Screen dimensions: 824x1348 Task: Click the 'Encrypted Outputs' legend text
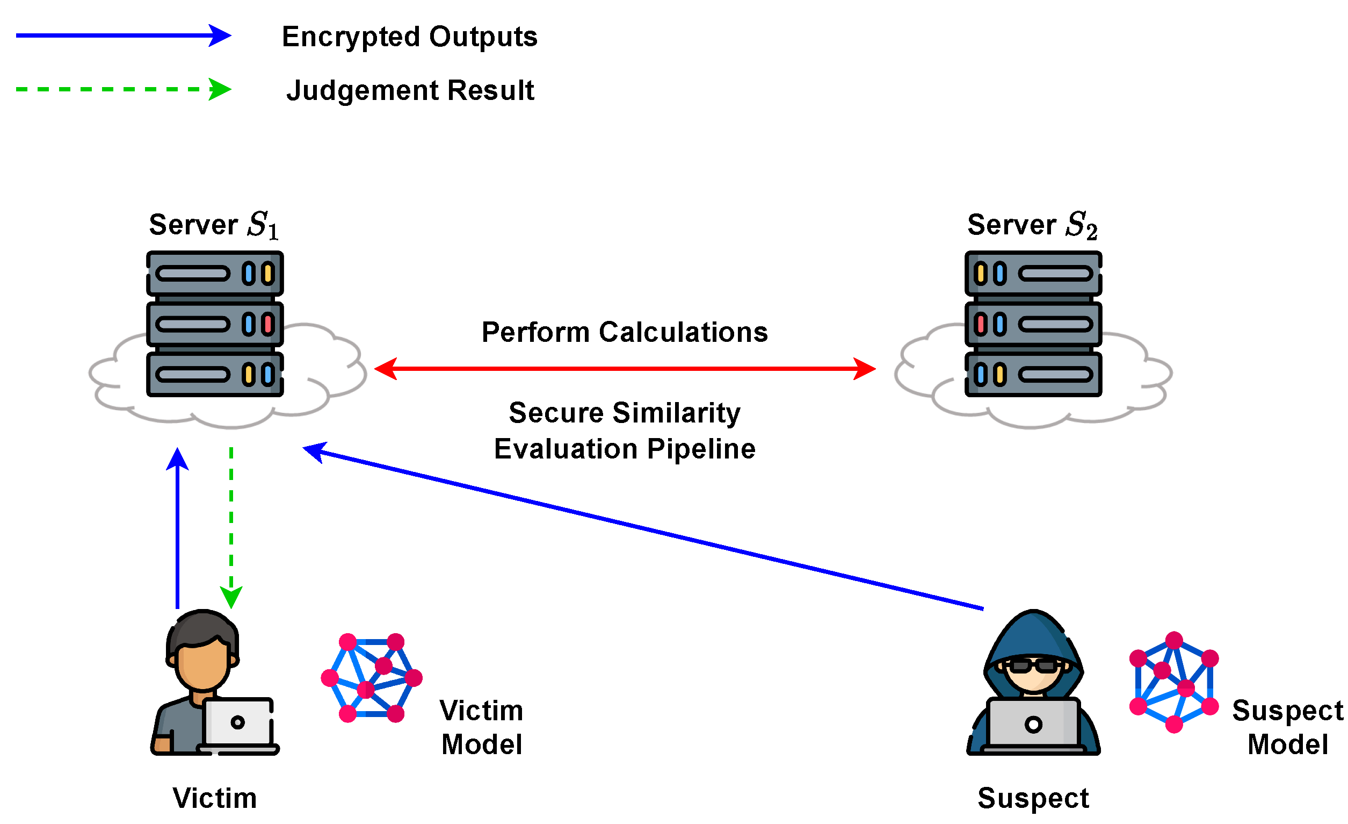409,37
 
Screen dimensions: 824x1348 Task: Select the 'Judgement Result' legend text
410,90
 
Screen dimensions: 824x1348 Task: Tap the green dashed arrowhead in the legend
220,89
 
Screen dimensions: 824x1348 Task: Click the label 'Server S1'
214,225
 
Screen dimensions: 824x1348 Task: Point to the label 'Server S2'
1032,225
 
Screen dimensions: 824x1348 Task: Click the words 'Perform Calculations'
624,332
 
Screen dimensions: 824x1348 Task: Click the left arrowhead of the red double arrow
386,369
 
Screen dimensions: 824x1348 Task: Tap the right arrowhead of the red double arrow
864,369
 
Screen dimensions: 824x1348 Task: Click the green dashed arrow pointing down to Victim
231,526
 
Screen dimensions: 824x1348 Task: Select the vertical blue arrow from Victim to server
177,526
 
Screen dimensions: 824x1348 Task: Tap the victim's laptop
238,724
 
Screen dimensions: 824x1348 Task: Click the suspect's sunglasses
1033,666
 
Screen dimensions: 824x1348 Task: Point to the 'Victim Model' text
481,728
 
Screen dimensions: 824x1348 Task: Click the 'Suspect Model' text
1287,728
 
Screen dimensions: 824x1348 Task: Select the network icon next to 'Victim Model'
372,678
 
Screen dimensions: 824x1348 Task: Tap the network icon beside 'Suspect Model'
1173,682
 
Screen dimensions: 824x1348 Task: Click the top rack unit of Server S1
214,273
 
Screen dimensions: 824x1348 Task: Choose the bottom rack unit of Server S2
1033,375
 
